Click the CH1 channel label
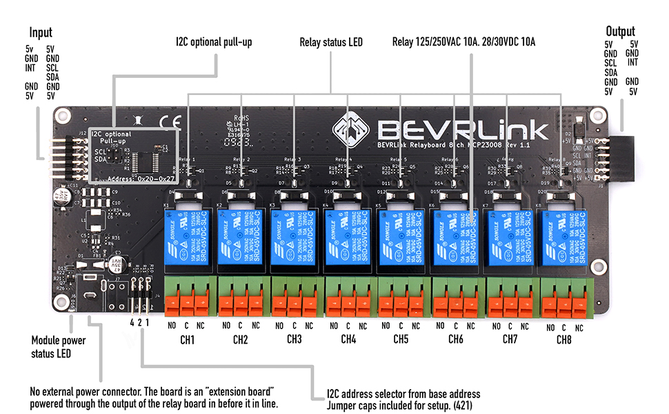click(x=187, y=339)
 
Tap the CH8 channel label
click(x=563, y=339)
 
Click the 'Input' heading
click(x=41, y=32)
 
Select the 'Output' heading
click(x=620, y=31)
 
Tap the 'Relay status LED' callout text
click(x=331, y=42)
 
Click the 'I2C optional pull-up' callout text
click(x=214, y=42)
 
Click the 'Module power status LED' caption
click(x=59, y=347)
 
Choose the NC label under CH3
click(x=309, y=325)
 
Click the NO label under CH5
click(x=386, y=325)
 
